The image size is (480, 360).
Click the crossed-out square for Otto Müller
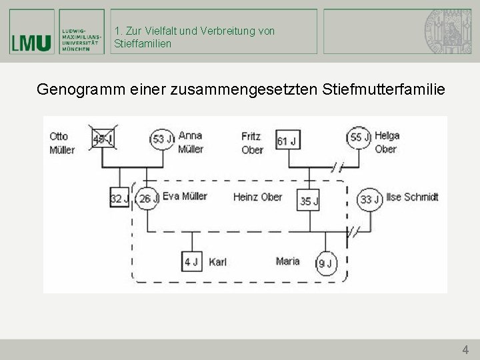coord(103,139)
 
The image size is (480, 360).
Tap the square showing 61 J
coord(287,141)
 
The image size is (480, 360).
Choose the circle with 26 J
coord(147,198)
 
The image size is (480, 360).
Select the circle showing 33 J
coord(369,199)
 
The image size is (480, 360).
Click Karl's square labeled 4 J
coord(192,261)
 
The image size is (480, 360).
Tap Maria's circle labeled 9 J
coord(325,263)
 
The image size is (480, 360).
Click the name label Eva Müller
coord(185,196)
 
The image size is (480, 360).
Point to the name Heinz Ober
coord(257,197)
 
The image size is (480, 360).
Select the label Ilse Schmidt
coord(412,197)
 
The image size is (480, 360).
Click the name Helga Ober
coord(387,142)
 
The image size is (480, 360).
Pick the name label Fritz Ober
coord(252,143)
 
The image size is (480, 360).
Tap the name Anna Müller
coord(191,141)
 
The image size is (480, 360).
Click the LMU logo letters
coord(31,42)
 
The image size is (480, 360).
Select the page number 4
coord(465,349)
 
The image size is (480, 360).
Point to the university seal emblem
coord(445,31)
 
